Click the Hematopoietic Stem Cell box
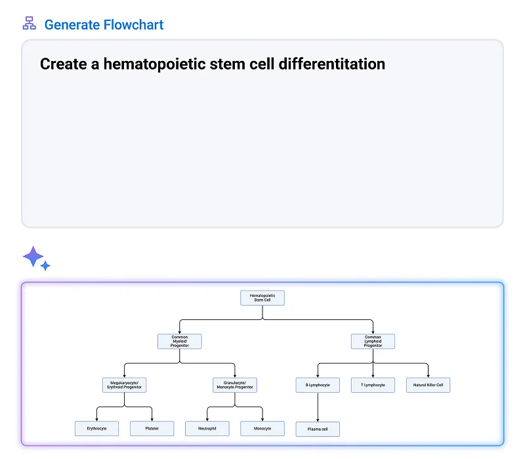[x=262, y=298]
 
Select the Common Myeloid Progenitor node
[x=180, y=341]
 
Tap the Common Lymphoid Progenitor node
[x=373, y=341]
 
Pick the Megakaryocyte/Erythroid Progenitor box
[x=125, y=385]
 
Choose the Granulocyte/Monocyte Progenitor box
[x=235, y=385]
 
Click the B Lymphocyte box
[x=318, y=385]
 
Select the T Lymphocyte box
[x=373, y=385]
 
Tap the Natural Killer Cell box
[x=428, y=385]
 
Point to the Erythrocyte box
[x=97, y=429]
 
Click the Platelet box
[x=152, y=429]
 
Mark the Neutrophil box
[x=207, y=429]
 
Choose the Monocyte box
[x=262, y=429]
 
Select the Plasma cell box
[x=318, y=429]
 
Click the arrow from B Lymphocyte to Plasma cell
[x=318, y=407]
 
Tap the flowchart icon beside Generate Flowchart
[x=29, y=24]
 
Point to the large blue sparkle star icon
[x=32, y=256]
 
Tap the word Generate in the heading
[x=72, y=25]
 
